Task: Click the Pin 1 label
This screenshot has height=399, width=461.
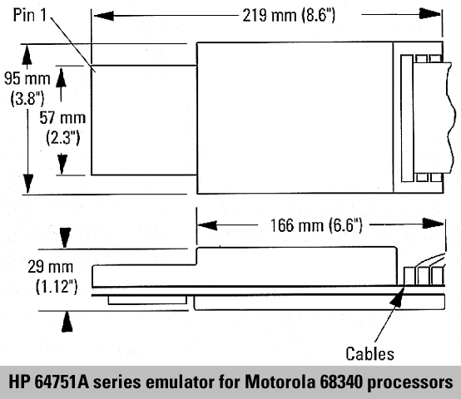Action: point(30,15)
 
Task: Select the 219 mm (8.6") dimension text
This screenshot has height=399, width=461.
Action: point(289,15)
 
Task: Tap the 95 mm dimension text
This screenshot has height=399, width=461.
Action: point(27,78)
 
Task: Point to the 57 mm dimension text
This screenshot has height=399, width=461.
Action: point(62,118)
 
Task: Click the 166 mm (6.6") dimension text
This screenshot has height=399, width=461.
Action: point(316,225)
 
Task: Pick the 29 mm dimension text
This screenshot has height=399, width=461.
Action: point(50,267)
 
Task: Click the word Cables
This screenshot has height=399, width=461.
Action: point(369,353)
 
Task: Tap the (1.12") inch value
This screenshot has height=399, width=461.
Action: point(57,286)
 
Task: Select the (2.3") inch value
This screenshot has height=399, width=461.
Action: point(63,137)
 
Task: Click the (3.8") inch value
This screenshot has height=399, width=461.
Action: point(27,98)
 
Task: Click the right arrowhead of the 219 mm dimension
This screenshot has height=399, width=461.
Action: point(430,14)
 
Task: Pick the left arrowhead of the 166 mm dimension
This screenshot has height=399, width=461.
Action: point(207,225)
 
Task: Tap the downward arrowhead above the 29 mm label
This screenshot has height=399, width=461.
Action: point(65,237)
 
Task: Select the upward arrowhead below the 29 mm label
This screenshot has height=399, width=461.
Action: point(67,322)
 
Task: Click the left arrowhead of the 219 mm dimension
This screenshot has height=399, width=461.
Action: point(103,15)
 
